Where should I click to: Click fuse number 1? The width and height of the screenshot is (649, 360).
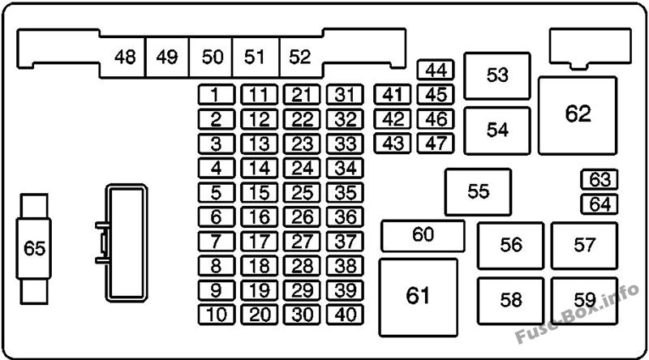(216, 95)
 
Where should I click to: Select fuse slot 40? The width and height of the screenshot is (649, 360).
(346, 315)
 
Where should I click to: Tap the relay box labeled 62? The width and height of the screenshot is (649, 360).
(578, 114)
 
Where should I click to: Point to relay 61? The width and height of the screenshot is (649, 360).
(418, 296)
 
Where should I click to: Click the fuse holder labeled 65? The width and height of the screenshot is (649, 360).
(35, 248)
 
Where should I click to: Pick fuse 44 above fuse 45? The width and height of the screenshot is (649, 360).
(436, 71)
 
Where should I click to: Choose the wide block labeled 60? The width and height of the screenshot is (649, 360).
(423, 235)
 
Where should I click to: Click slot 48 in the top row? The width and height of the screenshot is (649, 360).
(125, 57)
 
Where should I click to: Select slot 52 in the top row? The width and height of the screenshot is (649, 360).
(300, 57)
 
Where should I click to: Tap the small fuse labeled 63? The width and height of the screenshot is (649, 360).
(600, 179)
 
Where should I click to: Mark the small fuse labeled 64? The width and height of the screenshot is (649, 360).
(600, 204)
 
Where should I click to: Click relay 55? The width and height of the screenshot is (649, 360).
(478, 191)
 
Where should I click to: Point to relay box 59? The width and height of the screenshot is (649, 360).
(584, 300)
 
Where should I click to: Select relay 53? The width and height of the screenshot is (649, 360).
(496, 75)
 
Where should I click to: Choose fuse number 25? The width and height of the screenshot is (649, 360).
(303, 193)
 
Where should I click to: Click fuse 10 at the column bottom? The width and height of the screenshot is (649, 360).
(216, 315)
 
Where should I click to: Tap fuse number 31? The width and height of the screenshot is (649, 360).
(346, 95)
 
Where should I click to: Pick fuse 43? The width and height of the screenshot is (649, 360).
(393, 144)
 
